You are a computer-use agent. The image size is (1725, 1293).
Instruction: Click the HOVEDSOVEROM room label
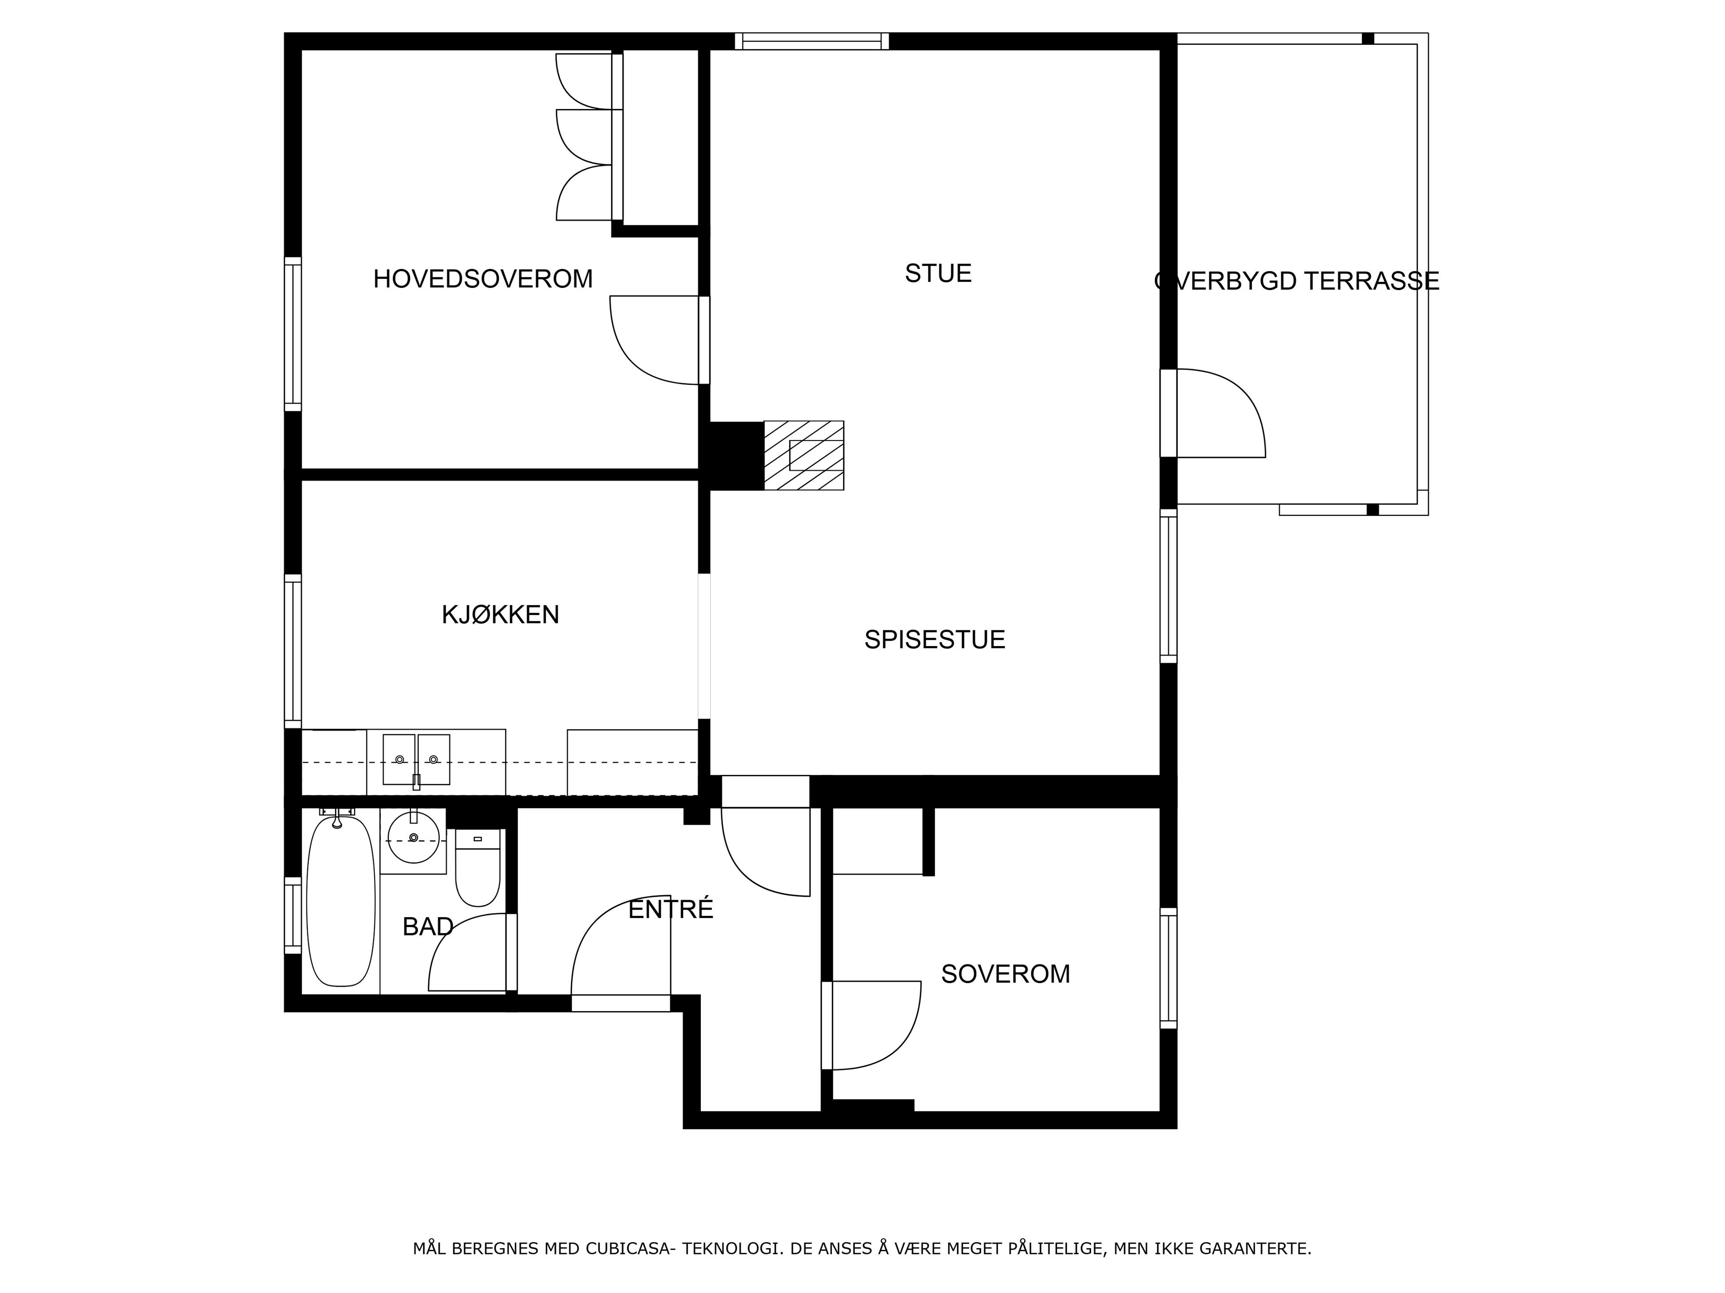click(x=483, y=279)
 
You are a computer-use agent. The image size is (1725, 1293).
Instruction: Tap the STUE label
click(x=938, y=273)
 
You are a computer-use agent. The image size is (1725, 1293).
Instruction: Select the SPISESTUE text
click(x=934, y=640)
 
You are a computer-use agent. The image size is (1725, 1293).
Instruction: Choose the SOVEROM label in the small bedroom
click(x=1005, y=974)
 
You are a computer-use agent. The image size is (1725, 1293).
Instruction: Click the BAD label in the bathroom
click(x=428, y=927)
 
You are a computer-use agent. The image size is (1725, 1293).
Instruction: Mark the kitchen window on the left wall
click(x=292, y=651)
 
